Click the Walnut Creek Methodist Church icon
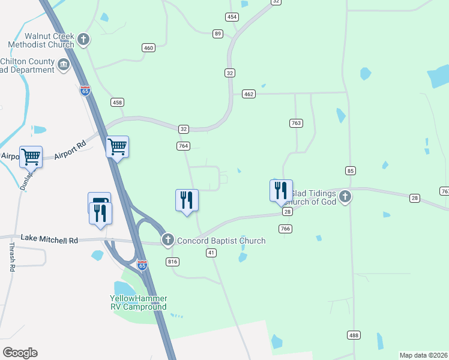coord(83,40)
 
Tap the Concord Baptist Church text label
coord(221,241)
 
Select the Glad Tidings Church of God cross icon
coord(345,196)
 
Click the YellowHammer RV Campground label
coord(139,302)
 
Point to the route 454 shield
coord(232,16)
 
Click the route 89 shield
coord(218,34)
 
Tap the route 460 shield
coord(149,47)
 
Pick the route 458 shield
coord(117,103)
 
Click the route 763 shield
coord(295,123)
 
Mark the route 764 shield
coord(184,146)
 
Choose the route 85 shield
coord(351,170)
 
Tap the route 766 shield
coord(285,229)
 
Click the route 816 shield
coord(173,262)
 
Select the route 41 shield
coord(211,253)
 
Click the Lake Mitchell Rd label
coord(49,240)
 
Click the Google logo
coord(20,352)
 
